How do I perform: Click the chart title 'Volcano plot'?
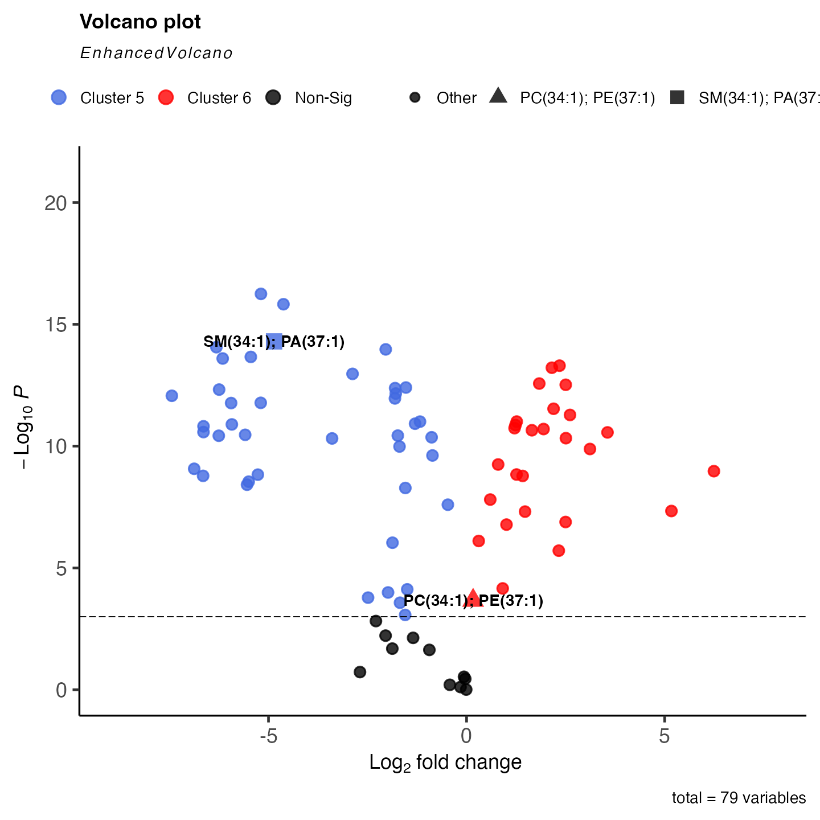140,22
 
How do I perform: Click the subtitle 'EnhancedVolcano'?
156,54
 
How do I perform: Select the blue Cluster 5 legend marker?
59,97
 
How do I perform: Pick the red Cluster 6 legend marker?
166,97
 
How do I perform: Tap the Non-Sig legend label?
323,99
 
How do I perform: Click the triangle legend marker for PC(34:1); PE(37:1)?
498,96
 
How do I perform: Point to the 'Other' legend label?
456,99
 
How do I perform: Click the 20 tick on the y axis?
56,203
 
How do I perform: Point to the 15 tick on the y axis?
56,325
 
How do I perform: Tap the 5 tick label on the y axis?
61,568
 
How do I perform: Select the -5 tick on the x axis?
268,737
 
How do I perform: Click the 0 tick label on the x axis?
466,737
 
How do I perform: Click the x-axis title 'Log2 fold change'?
445,762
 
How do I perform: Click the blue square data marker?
274,341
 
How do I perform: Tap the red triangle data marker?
473,598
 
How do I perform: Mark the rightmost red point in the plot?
714,471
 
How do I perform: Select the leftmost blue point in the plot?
171,396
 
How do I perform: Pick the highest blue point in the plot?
261,294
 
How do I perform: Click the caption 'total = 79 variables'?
739,798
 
